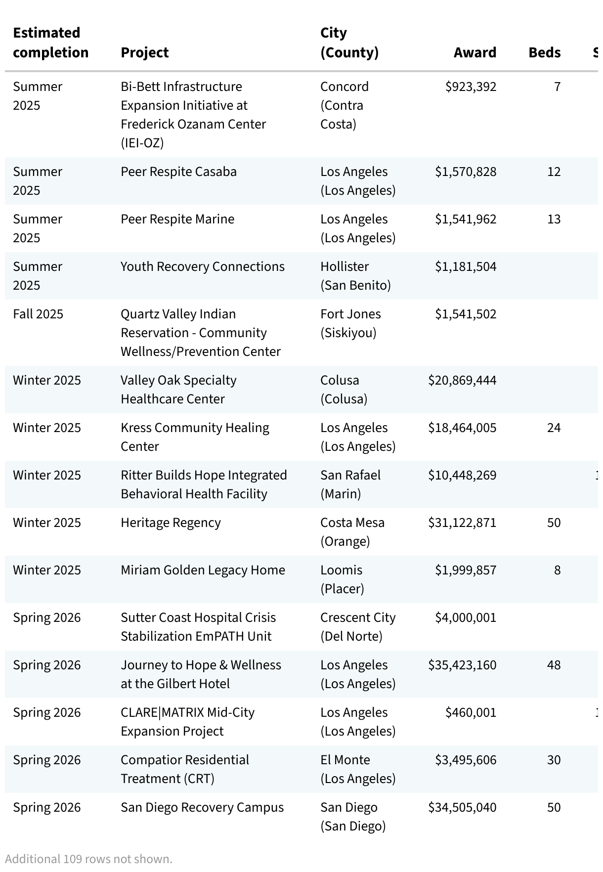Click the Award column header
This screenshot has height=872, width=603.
pos(474,52)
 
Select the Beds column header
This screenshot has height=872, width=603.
pos(544,52)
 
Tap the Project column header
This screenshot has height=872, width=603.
pos(145,52)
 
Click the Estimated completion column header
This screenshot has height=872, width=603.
pos(50,43)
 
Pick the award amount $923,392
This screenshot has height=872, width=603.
pos(471,87)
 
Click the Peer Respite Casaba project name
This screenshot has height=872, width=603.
pos(178,172)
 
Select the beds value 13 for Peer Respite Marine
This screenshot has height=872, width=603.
pos(554,219)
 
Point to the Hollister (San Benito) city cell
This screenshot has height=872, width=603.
pos(355,276)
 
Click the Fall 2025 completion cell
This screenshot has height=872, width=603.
pos(38,314)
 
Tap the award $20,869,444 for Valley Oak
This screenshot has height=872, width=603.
pos(462,380)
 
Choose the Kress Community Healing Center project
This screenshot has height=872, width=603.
pos(195,437)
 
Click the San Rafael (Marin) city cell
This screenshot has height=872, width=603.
pos(350,484)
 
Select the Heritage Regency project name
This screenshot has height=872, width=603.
pos(171,523)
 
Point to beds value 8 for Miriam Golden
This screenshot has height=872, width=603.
pos(557,570)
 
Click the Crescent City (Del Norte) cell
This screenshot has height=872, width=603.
pos(358,627)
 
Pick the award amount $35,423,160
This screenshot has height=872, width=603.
pos(462,665)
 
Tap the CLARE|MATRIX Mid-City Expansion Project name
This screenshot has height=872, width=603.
pos(187,722)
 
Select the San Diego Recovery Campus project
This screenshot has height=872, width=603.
pos(202,807)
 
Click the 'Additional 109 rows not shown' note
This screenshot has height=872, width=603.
pos(89,859)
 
